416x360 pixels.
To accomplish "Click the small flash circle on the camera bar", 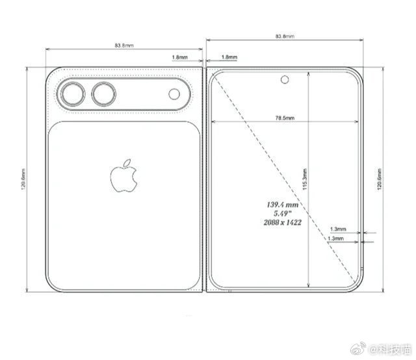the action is click(x=175, y=95).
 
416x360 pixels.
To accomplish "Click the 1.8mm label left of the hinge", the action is click(x=180, y=57).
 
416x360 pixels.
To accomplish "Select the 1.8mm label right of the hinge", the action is click(x=228, y=57).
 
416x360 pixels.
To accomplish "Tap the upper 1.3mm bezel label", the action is click(x=338, y=229).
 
